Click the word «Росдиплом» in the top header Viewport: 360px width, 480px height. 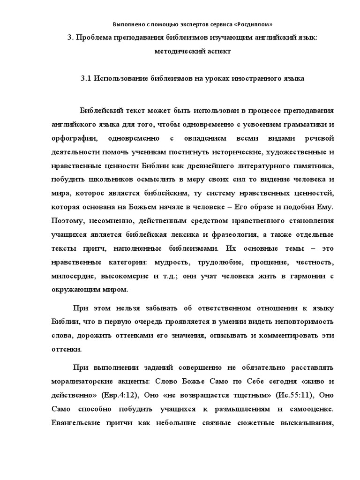(254, 24)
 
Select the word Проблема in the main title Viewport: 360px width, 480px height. (94, 38)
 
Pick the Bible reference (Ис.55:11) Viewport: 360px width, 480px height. (285, 396)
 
